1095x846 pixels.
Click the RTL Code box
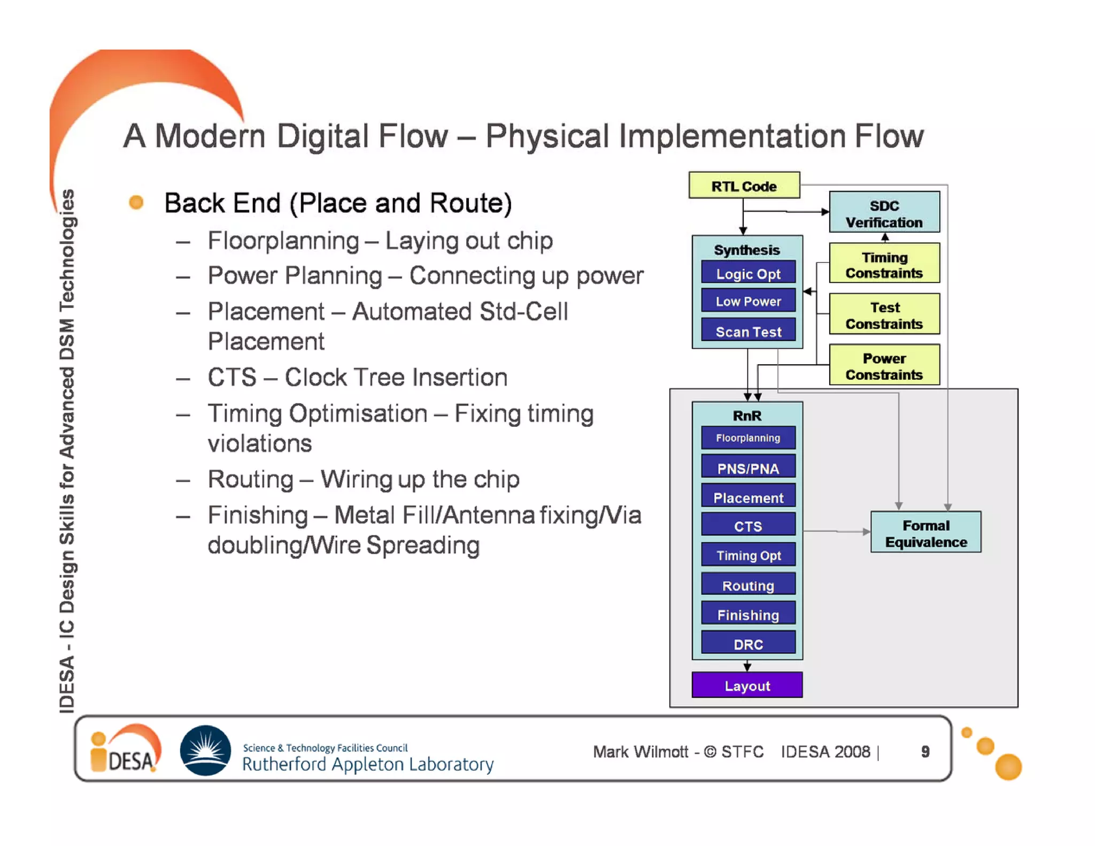click(744, 186)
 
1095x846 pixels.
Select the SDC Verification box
click(884, 213)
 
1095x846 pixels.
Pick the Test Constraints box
click(884, 314)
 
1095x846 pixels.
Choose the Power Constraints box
click(884, 366)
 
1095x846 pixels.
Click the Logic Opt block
click(747, 273)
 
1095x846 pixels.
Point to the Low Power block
click(747, 301)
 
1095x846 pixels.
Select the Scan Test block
click(747, 331)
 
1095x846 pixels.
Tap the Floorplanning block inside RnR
click(747, 438)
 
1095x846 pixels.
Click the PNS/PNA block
click(747, 468)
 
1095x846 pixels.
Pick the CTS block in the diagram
click(747, 526)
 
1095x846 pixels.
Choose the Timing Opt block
click(747, 555)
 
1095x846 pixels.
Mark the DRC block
click(747, 643)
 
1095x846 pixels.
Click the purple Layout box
click(746, 685)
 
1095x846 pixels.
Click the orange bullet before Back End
click(136, 202)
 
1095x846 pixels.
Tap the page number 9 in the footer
click(925, 751)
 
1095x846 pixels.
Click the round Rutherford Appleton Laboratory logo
click(205, 750)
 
